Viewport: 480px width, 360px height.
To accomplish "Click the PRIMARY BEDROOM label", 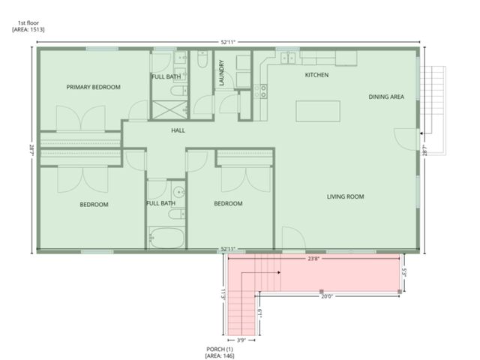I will [93, 87].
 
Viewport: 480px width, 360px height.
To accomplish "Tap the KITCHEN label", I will [316, 75].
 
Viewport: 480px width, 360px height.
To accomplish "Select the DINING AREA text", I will [386, 97].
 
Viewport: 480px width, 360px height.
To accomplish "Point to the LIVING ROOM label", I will [345, 196].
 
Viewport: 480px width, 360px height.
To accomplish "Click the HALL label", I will [178, 130].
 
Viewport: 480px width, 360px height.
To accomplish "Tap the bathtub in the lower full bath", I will [166, 238].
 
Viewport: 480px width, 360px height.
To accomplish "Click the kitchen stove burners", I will [262, 91].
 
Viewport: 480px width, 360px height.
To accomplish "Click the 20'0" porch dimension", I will [327, 296].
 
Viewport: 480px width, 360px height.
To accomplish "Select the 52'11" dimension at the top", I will [230, 42].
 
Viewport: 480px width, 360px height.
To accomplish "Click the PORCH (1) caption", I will [220, 352].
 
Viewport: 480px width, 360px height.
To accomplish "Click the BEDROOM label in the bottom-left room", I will [94, 204].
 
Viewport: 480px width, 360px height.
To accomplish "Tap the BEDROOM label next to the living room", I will [228, 203].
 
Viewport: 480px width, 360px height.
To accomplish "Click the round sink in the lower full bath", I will [175, 191].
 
